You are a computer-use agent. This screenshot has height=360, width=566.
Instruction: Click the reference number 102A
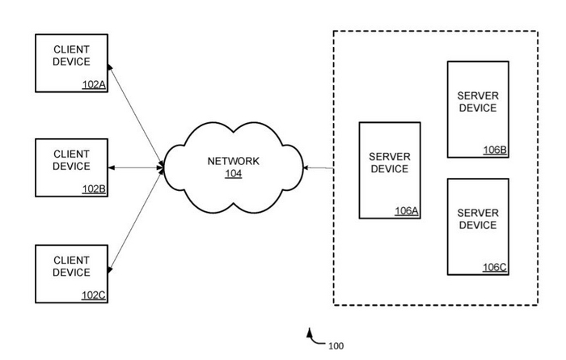[x=94, y=83]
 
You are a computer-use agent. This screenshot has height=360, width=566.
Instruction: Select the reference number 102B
[x=94, y=188]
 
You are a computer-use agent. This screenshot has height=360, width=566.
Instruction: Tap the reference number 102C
[x=94, y=294]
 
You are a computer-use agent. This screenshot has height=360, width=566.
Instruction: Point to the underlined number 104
[x=233, y=173]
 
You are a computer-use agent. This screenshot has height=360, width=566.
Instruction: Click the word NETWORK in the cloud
[x=234, y=161]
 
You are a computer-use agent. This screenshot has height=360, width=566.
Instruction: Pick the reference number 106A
[x=406, y=210]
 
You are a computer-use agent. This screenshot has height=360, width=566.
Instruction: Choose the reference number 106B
[x=495, y=150]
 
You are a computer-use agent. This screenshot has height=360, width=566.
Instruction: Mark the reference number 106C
[x=495, y=267]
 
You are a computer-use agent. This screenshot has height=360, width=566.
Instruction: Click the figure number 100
[x=336, y=346]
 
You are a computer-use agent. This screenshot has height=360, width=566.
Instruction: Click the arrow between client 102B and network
[x=136, y=168]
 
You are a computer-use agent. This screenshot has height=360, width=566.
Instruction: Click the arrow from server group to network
[x=318, y=168]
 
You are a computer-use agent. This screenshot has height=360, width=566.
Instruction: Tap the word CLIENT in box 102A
[x=71, y=49]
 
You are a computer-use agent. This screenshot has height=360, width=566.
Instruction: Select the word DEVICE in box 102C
[x=71, y=273]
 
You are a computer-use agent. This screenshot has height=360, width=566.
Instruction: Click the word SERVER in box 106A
[x=390, y=156]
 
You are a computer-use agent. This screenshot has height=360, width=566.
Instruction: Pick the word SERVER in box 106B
[x=478, y=95]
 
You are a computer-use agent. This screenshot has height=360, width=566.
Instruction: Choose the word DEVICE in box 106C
[x=478, y=225]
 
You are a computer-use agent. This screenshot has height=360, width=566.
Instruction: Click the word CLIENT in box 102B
[x=71, y=154]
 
